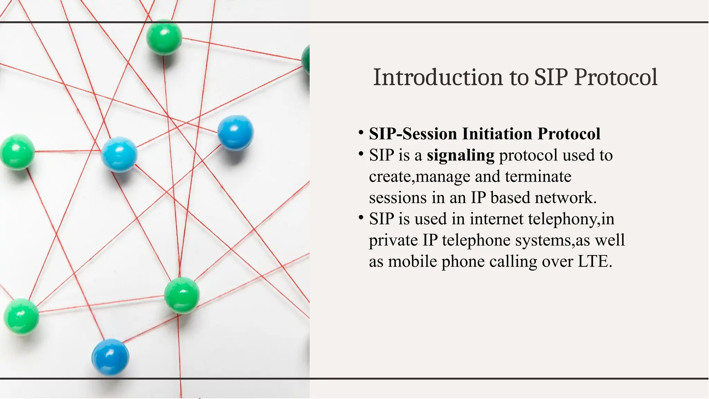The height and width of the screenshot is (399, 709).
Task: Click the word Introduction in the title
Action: (438, 77)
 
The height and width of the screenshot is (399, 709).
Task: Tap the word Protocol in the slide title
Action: (616, 77)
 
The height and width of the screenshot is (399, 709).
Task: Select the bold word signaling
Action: (460, 155)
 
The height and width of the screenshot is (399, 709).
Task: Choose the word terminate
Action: (538, 176)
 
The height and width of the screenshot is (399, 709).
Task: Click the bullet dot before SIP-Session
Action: (361, 133)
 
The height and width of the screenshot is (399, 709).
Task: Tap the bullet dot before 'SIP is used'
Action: (361, 218)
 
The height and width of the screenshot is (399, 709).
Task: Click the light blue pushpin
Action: (119, 154)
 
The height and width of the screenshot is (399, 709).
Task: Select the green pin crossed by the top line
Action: (164, 37)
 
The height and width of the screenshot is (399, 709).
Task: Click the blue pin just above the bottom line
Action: (110, 357)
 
